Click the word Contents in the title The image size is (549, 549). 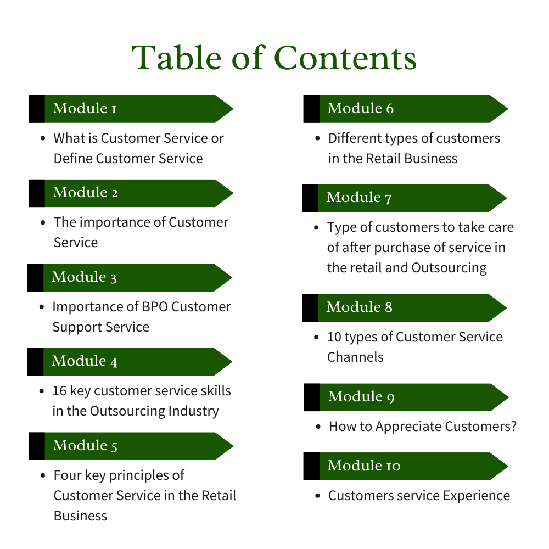345,58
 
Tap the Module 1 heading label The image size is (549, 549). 85,108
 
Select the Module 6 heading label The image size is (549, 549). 361,108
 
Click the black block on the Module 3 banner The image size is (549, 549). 35,277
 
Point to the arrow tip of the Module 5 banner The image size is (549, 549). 233,446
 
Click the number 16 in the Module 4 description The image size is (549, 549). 59,391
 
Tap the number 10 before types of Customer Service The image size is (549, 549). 334,337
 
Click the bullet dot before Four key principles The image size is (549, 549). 43,475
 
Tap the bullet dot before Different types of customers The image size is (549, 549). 317,138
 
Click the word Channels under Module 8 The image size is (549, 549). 355,357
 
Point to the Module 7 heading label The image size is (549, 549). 359,198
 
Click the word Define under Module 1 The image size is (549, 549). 73,159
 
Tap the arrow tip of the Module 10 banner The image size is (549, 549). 508,466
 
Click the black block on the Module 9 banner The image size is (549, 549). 312,397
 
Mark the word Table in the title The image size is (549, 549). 176,58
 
